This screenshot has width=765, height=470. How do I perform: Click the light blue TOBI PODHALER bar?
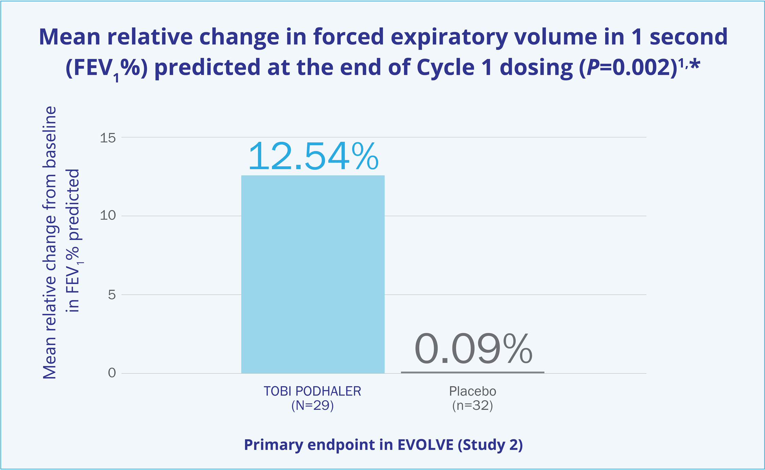click(313, 274)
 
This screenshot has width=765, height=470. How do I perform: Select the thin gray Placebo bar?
click(472, 372)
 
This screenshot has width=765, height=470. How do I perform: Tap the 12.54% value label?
click(313, 157)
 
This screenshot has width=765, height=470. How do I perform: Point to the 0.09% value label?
click(473, 349)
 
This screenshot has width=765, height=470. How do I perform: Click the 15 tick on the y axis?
click(107, 138)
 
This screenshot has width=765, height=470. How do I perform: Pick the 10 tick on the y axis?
click(107, 215)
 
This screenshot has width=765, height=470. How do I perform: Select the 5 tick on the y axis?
click(112, 295)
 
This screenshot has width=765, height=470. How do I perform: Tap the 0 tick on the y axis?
click(112, 373)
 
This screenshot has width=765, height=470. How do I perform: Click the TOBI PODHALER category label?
click(312, 391)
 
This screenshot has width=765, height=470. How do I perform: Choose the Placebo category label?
click(472, 391)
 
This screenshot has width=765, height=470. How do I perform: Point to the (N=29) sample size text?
click(312, 405)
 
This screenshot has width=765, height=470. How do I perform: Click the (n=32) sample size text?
click(472, 405)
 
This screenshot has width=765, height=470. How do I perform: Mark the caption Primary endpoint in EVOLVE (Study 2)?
click(383, 445)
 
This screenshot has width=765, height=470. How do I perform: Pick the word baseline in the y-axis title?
click(50, 137)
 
